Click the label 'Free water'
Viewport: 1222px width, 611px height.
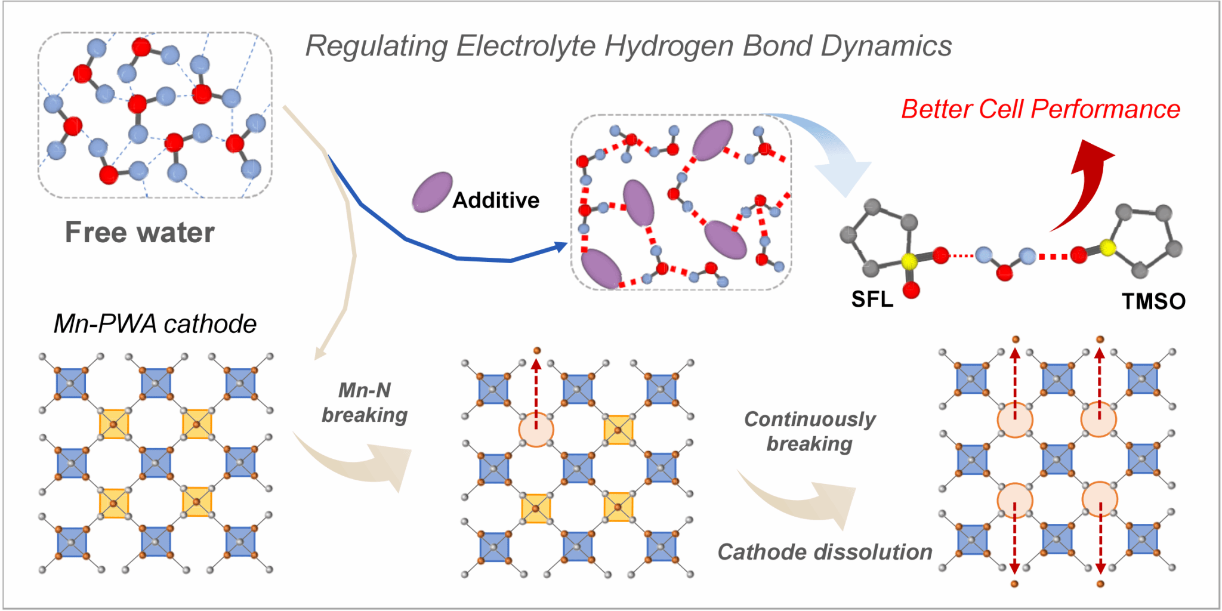click(140, 232)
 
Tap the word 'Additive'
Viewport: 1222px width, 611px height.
click(496, 200)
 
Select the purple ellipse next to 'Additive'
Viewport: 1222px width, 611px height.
click(432, 192)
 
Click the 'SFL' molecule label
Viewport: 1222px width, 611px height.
click(872, 300)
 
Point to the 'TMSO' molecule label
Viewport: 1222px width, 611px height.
click(1153, 302)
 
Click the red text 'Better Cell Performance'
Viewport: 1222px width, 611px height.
click(1040, 109)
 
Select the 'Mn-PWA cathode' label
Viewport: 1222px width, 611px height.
click(155, 324)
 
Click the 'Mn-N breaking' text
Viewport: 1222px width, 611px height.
click(365, 403)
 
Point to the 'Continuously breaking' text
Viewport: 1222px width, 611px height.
click(810, 431)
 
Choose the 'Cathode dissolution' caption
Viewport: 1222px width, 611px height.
click(825, 552)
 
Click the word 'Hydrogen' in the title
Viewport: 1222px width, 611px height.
click(668, 46)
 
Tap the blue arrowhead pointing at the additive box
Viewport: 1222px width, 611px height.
click(560, 246)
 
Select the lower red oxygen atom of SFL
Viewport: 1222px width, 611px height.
click(911, 291)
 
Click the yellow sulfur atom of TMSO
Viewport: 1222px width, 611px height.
click(1107, 247)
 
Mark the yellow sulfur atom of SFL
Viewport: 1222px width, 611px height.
click(909, 261)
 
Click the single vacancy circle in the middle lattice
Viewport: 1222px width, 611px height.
click(536, 429)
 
